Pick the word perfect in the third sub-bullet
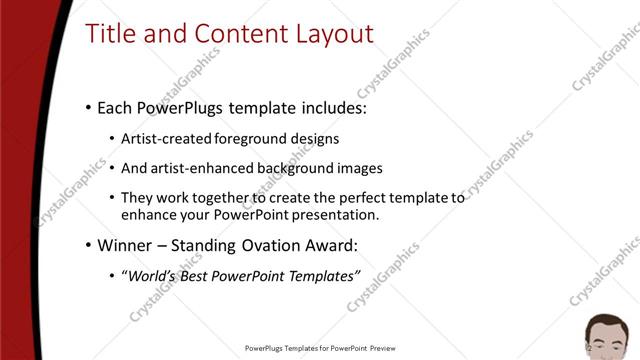pyautogui.click(x=344, y=198)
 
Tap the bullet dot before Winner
pyautogui.click(x=88, y=245)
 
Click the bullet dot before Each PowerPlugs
pyautogui.click(x=88, y=106)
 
